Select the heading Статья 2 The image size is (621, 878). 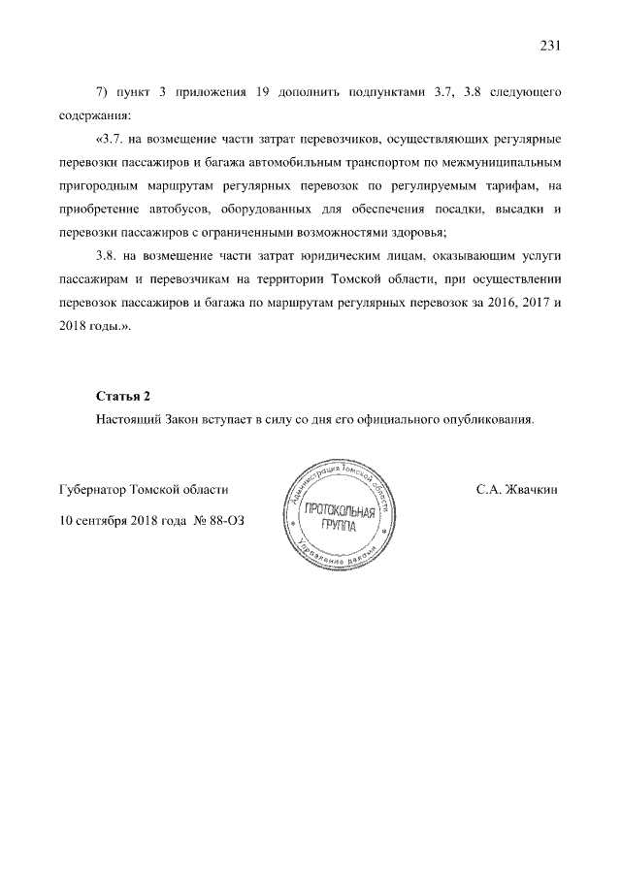[124, 397]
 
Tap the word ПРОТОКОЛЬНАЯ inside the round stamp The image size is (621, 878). [339, 512]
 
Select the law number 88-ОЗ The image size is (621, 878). [227, 520]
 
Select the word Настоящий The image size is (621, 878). [131, 420]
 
